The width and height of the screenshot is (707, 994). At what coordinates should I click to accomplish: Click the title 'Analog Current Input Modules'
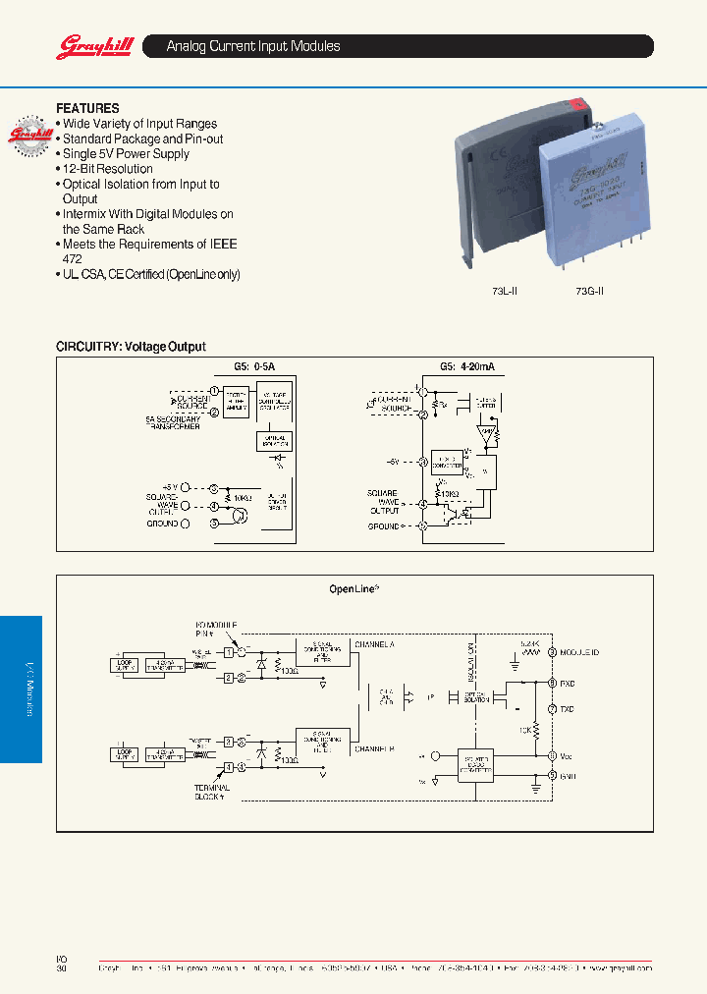click(x=253, y=46)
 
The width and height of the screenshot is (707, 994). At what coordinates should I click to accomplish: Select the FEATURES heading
click(x=87, y=108)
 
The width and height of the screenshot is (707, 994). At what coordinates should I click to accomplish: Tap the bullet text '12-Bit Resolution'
click(x=108, y=169)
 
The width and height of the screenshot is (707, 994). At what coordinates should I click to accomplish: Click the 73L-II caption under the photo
click(x=504, y=291)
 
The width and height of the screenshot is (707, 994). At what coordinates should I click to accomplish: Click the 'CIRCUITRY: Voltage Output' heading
click(x=131, y=347)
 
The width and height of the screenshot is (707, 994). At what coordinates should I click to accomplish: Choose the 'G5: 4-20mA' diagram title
click(x=466, y=366)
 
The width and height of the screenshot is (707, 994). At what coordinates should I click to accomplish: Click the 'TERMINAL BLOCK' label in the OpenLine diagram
click(x=211, y=792)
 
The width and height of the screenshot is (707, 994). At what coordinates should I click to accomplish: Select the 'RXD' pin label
click(x=569, y=683)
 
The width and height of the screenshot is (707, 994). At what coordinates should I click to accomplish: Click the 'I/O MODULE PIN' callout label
click(x=211, y=629)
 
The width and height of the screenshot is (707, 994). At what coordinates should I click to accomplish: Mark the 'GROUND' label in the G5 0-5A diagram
click(x=162, y=524)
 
